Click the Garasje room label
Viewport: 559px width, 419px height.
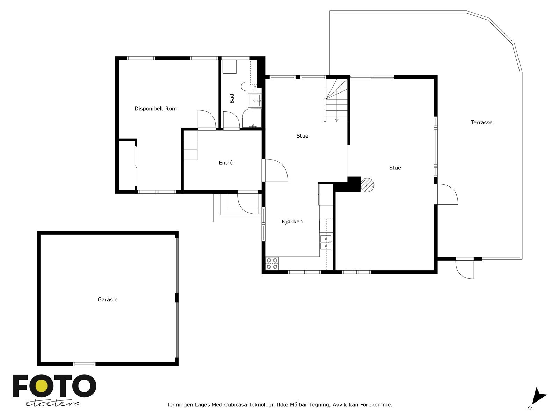[107, 300]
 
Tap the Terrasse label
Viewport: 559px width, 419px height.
[481, 123]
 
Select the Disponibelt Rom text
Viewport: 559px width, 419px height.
[155, 109]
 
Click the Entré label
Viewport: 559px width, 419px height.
[225, 163]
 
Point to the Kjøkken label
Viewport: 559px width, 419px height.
[292, 222]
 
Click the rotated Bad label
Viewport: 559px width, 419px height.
[232, 98]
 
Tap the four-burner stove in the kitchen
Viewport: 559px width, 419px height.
[272, 263]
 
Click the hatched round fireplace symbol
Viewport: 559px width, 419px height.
[367, 185]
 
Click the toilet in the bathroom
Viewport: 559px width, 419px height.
[249, 85]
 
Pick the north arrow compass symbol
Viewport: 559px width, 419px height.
[538, 397]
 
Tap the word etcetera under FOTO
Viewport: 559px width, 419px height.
[52, 403]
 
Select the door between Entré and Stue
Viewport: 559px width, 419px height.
[275, 170]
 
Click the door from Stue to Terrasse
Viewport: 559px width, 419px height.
[447, 194]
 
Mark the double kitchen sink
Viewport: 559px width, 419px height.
[326, 242]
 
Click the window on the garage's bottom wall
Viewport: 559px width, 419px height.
[84, 364]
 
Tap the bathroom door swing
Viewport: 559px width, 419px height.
[231, 120]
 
